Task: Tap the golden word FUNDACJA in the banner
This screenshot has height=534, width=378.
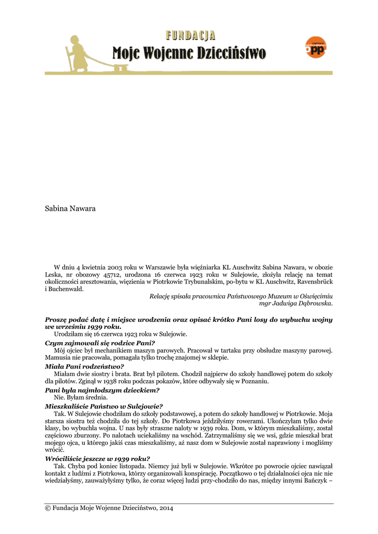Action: (x=191, y=35)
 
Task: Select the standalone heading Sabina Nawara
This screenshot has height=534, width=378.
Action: (x=70, y=209)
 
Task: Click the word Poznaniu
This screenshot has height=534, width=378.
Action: (x=254, y=382)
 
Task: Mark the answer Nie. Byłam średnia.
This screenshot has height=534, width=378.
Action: (x=81, y=397)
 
